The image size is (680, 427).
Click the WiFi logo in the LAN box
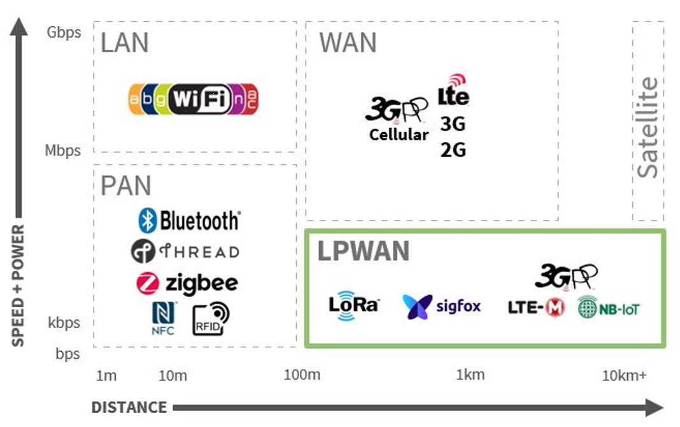(194, 99)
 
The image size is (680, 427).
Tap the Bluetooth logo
(189, 221)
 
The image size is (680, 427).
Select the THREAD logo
(185, 252)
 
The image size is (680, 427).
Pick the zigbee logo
(187, 283)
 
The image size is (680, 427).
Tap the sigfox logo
(442, 307)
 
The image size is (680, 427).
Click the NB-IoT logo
(608, 308)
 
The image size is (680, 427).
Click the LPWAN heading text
(363, 252)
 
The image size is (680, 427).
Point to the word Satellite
(648, 127)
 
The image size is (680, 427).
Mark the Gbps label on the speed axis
(64, 32)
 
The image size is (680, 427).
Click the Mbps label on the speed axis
(63, 151)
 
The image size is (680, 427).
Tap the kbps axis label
(64, 322)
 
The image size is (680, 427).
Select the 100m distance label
(302, 374)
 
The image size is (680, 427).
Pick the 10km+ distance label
(624, 375)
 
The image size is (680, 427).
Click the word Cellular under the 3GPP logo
(399, 134)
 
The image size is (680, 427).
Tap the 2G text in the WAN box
(453, 150)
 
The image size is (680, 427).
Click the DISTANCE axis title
(129, 407)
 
